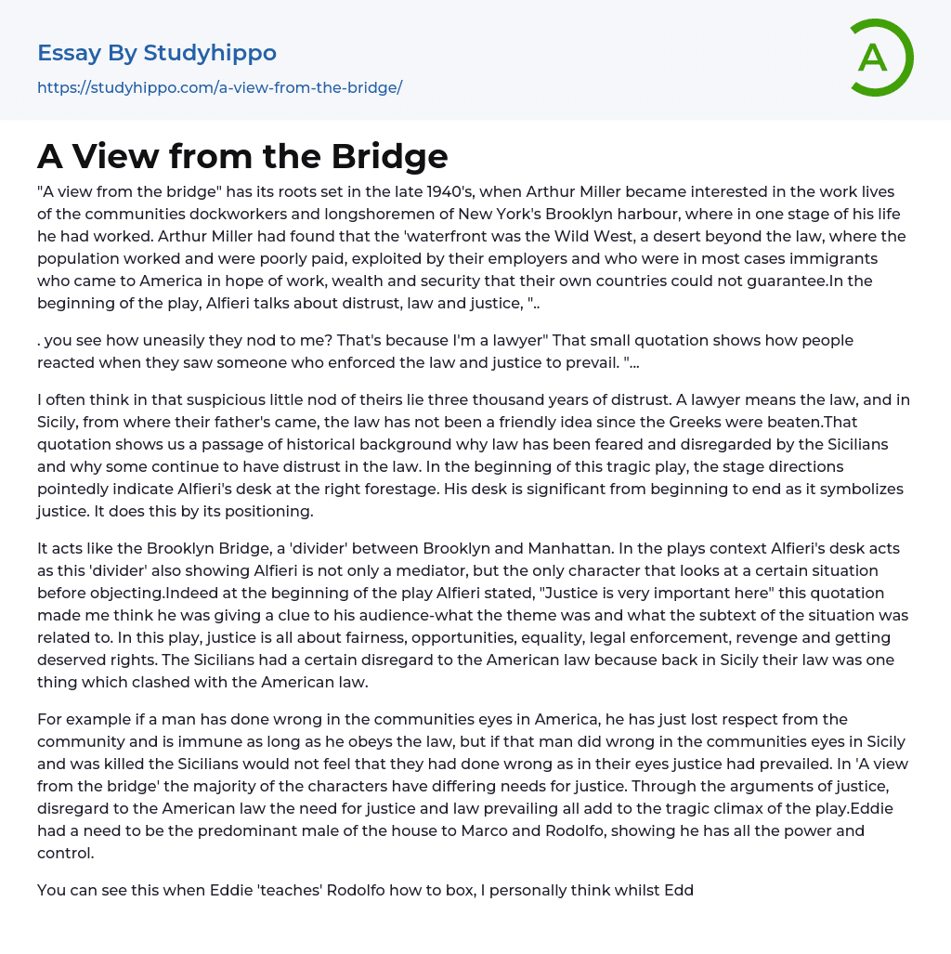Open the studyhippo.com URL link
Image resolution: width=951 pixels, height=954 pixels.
[219, 88]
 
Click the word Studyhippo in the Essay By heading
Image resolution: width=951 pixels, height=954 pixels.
[210, 53]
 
